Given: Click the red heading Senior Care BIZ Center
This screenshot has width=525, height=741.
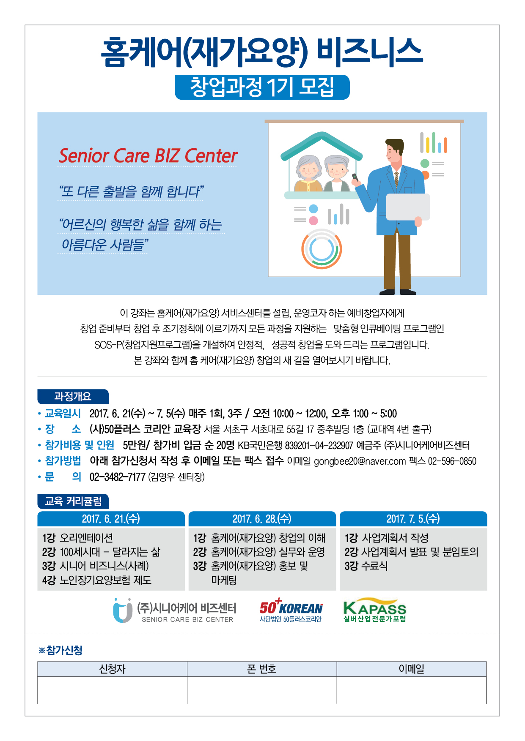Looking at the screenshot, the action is [x=148, y=155].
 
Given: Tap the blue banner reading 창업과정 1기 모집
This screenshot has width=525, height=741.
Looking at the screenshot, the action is [x=262, y=87].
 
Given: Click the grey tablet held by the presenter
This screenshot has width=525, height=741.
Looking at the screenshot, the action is [x=408, y=207].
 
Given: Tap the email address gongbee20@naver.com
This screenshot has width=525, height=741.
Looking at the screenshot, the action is [x=360, y=461].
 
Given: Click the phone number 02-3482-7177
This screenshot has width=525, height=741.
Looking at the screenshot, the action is [x=117, y=477].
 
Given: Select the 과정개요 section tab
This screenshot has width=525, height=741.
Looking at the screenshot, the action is [x=73, y=397].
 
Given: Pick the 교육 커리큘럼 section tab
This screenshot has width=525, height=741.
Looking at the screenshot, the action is [x=73, y=501].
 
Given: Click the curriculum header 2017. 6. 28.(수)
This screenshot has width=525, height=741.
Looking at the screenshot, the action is [x=262, y=519].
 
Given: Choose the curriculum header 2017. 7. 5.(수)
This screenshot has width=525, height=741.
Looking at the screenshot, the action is [x=413, y=519].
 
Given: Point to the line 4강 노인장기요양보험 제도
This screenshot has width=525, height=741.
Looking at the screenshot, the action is [x=97, y=580].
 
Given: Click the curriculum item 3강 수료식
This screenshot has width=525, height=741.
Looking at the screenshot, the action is [x=366, y=566].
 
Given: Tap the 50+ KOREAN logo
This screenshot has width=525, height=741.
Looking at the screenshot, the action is [x=291, y=610].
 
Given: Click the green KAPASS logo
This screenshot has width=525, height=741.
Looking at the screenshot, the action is [x=375, y=610].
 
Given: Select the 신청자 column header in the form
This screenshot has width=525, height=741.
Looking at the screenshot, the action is [x=113, y=669].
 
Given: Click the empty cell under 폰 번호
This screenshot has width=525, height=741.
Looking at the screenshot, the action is [x=262, y=690].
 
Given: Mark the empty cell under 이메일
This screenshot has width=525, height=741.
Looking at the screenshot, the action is [x=412, y=690].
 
